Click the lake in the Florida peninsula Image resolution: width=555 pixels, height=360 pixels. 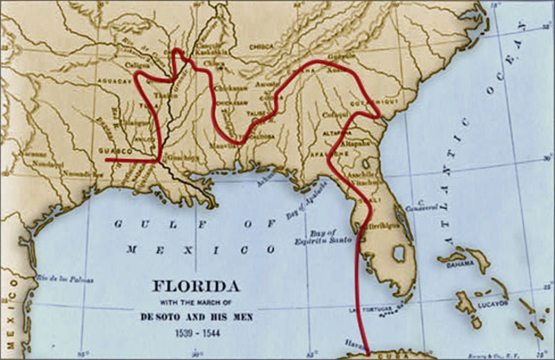(400, 256)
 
